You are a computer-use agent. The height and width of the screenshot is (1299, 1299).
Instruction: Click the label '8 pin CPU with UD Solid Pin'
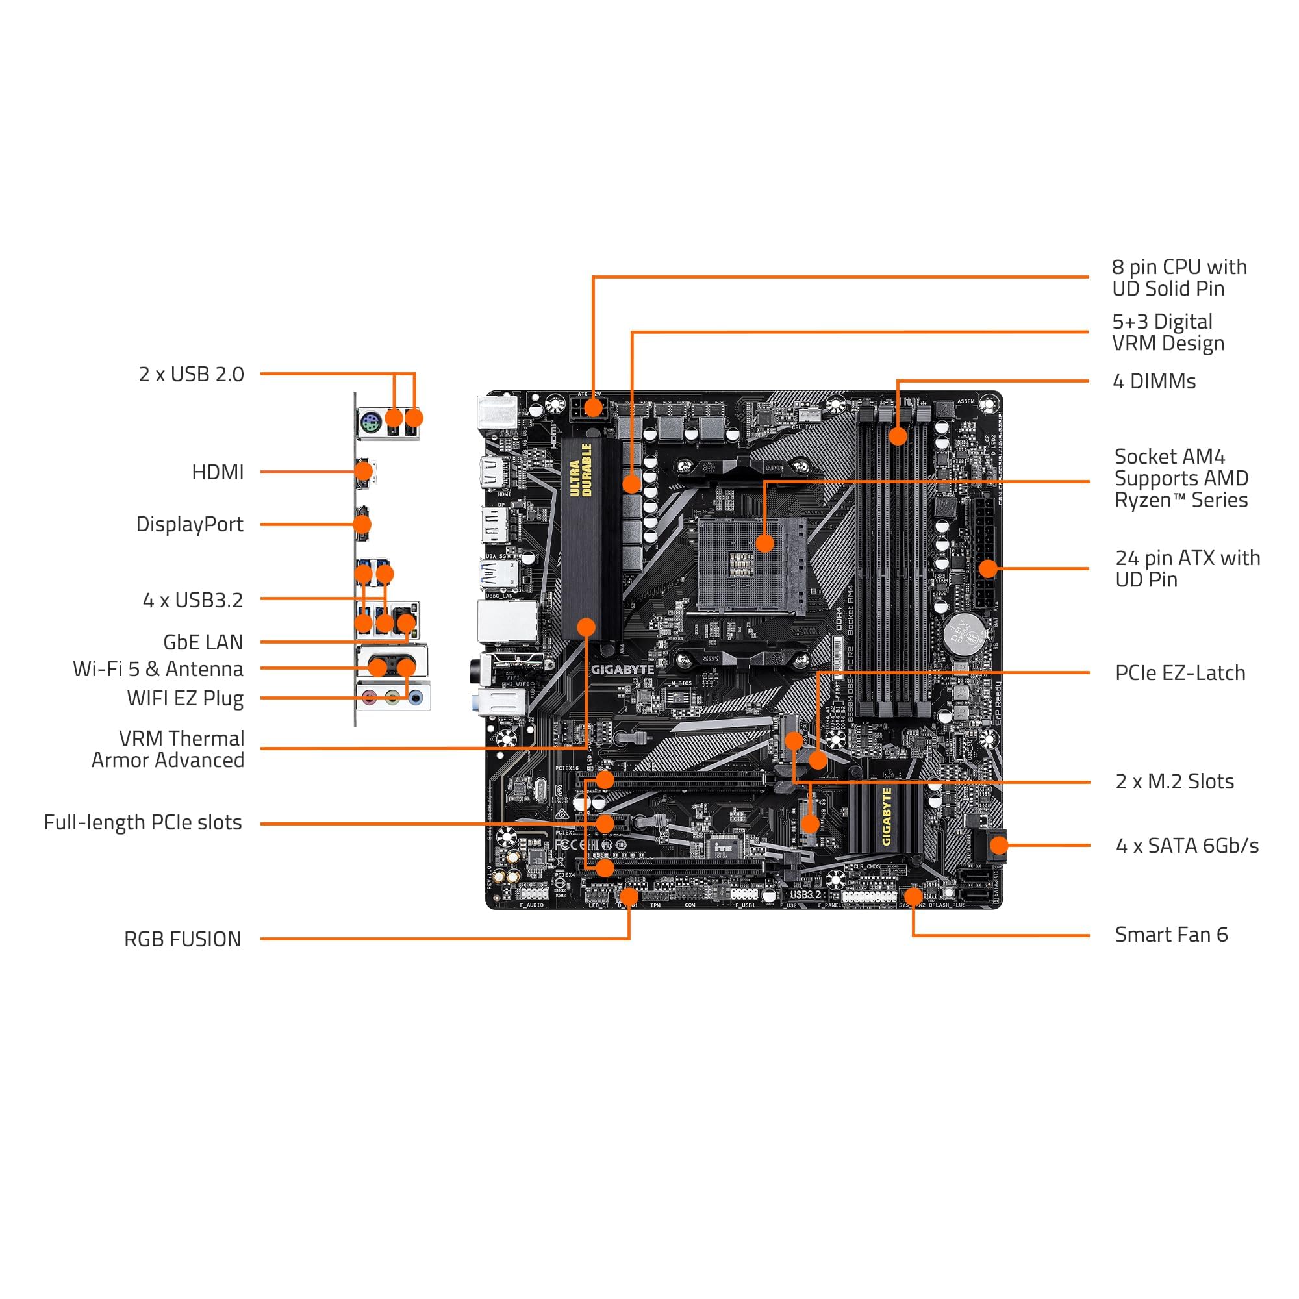(x=1179, y=278)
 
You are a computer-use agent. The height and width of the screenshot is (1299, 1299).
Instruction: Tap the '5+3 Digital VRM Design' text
(x=1168, y=332)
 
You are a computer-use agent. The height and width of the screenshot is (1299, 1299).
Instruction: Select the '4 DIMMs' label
(x=1154, y=381)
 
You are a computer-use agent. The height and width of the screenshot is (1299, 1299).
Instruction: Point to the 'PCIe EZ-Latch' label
(x=1180, y=673)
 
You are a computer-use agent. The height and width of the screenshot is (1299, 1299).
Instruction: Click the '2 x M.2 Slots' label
(x=1174, y=781)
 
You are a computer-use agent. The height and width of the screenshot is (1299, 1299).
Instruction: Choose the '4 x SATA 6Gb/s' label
(x=1187, y=845)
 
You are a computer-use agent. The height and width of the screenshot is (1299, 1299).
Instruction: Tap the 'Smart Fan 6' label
(x=1171, y=935)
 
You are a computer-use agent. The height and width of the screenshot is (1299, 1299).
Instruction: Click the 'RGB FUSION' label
(x=183, y=939)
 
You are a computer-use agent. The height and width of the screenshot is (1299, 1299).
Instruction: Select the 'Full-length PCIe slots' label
(x=142, y=822)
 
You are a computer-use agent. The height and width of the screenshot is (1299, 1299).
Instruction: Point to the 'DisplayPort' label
(x=190, y=524)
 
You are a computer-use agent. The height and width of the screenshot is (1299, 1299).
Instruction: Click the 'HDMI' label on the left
(x=218, y=472)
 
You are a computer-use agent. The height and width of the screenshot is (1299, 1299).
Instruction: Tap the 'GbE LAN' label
(x=203, y=642)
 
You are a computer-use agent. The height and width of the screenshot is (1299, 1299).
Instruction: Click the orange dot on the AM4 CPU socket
(x=764, y=542)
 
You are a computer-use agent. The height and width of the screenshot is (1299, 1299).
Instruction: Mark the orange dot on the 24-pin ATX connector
(x=988, y=568)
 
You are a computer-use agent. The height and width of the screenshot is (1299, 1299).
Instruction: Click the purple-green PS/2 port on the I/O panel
(x=370, y=423)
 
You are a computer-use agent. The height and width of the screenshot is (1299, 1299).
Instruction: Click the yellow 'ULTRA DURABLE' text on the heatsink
(x=580, y=470)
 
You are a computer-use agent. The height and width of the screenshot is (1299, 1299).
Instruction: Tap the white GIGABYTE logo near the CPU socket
(x=622, y=670)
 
